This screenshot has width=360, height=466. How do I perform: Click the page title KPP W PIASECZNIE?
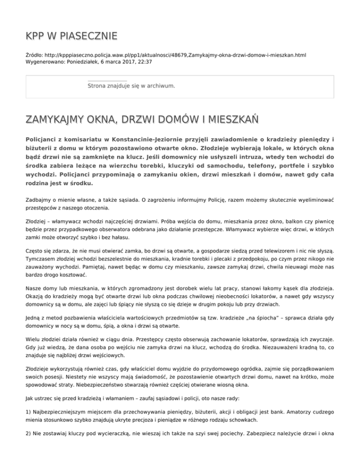tap(71, 36)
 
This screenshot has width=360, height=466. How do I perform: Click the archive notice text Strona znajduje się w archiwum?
tap(131, 86)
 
